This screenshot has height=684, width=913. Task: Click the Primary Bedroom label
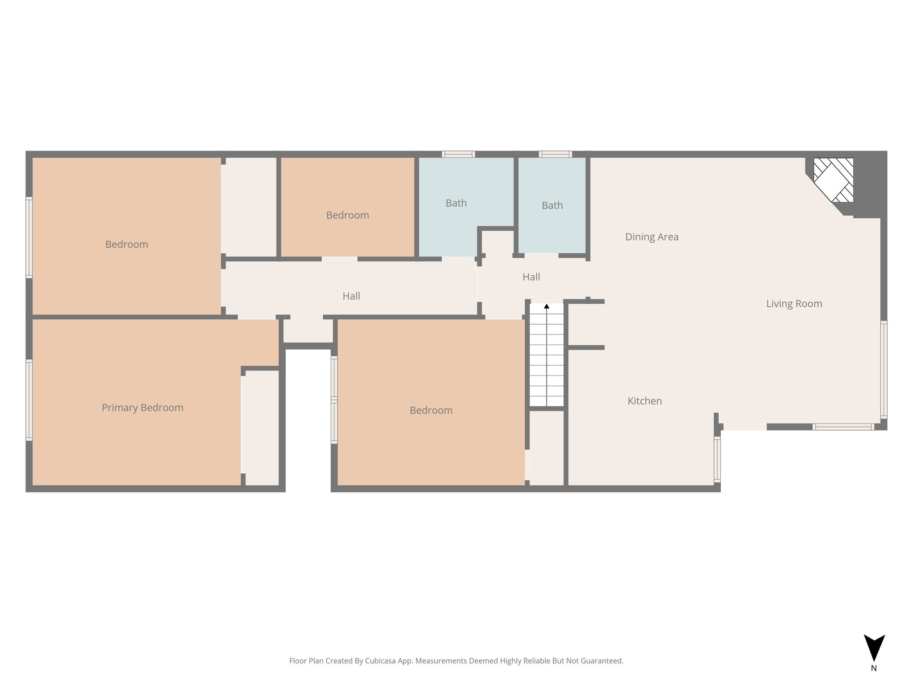143,408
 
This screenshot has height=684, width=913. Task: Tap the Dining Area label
652,237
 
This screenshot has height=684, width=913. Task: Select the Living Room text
794,304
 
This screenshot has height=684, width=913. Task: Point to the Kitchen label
645,401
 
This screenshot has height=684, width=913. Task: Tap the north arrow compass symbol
874,647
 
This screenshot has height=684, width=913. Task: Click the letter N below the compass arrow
874,668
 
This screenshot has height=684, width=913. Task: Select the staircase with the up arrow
547,355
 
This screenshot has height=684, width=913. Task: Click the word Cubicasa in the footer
382,661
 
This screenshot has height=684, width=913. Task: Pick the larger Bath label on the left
456,203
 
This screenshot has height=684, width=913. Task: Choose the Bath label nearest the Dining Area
552,205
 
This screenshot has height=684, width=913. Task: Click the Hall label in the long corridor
351,296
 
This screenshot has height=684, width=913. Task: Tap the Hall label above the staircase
531,277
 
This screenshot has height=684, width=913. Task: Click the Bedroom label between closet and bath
348,216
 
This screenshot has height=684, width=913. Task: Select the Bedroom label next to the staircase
431,411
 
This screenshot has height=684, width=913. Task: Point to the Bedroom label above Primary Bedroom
127,244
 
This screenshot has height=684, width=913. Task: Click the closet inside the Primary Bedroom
262,427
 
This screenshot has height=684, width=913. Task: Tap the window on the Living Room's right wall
884,370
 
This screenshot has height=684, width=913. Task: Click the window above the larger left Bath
458,154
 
